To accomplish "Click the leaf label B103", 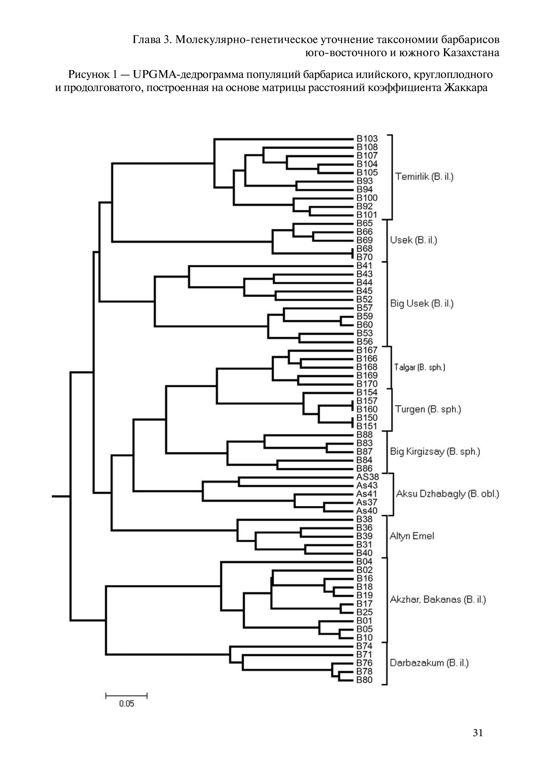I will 367,139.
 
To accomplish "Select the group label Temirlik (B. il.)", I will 424,177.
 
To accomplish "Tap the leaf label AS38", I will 367,477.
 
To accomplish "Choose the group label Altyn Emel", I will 412,536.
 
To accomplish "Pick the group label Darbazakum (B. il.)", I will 429,663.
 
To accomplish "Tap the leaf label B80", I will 364,680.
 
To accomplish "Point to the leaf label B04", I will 364,561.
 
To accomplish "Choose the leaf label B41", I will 364,266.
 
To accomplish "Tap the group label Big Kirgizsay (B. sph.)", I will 435,452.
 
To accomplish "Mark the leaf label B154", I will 367,392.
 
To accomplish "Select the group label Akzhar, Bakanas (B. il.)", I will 438,599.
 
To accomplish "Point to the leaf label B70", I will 364,257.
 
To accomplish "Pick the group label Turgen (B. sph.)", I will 428,409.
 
